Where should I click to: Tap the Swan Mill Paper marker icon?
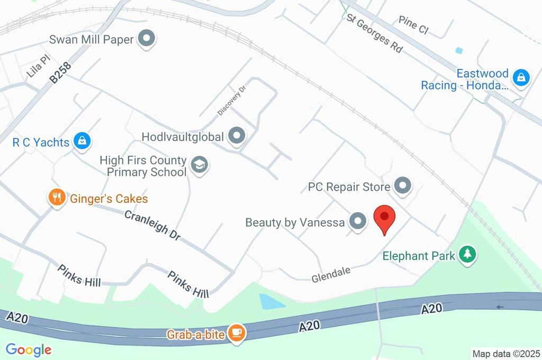[147, 39]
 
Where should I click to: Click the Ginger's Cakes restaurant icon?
[56, 199]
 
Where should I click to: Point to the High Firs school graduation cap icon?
[200, 165]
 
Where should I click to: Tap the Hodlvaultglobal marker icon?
[237, 136]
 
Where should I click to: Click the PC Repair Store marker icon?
[403, 186]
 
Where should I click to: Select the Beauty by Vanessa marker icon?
[358, 222]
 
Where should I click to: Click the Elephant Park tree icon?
[467, 255]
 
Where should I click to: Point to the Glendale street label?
[331, 274]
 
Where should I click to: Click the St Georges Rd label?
[375, 33]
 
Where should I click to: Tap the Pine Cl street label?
[413, 24]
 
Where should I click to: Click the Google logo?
[29, 349]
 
